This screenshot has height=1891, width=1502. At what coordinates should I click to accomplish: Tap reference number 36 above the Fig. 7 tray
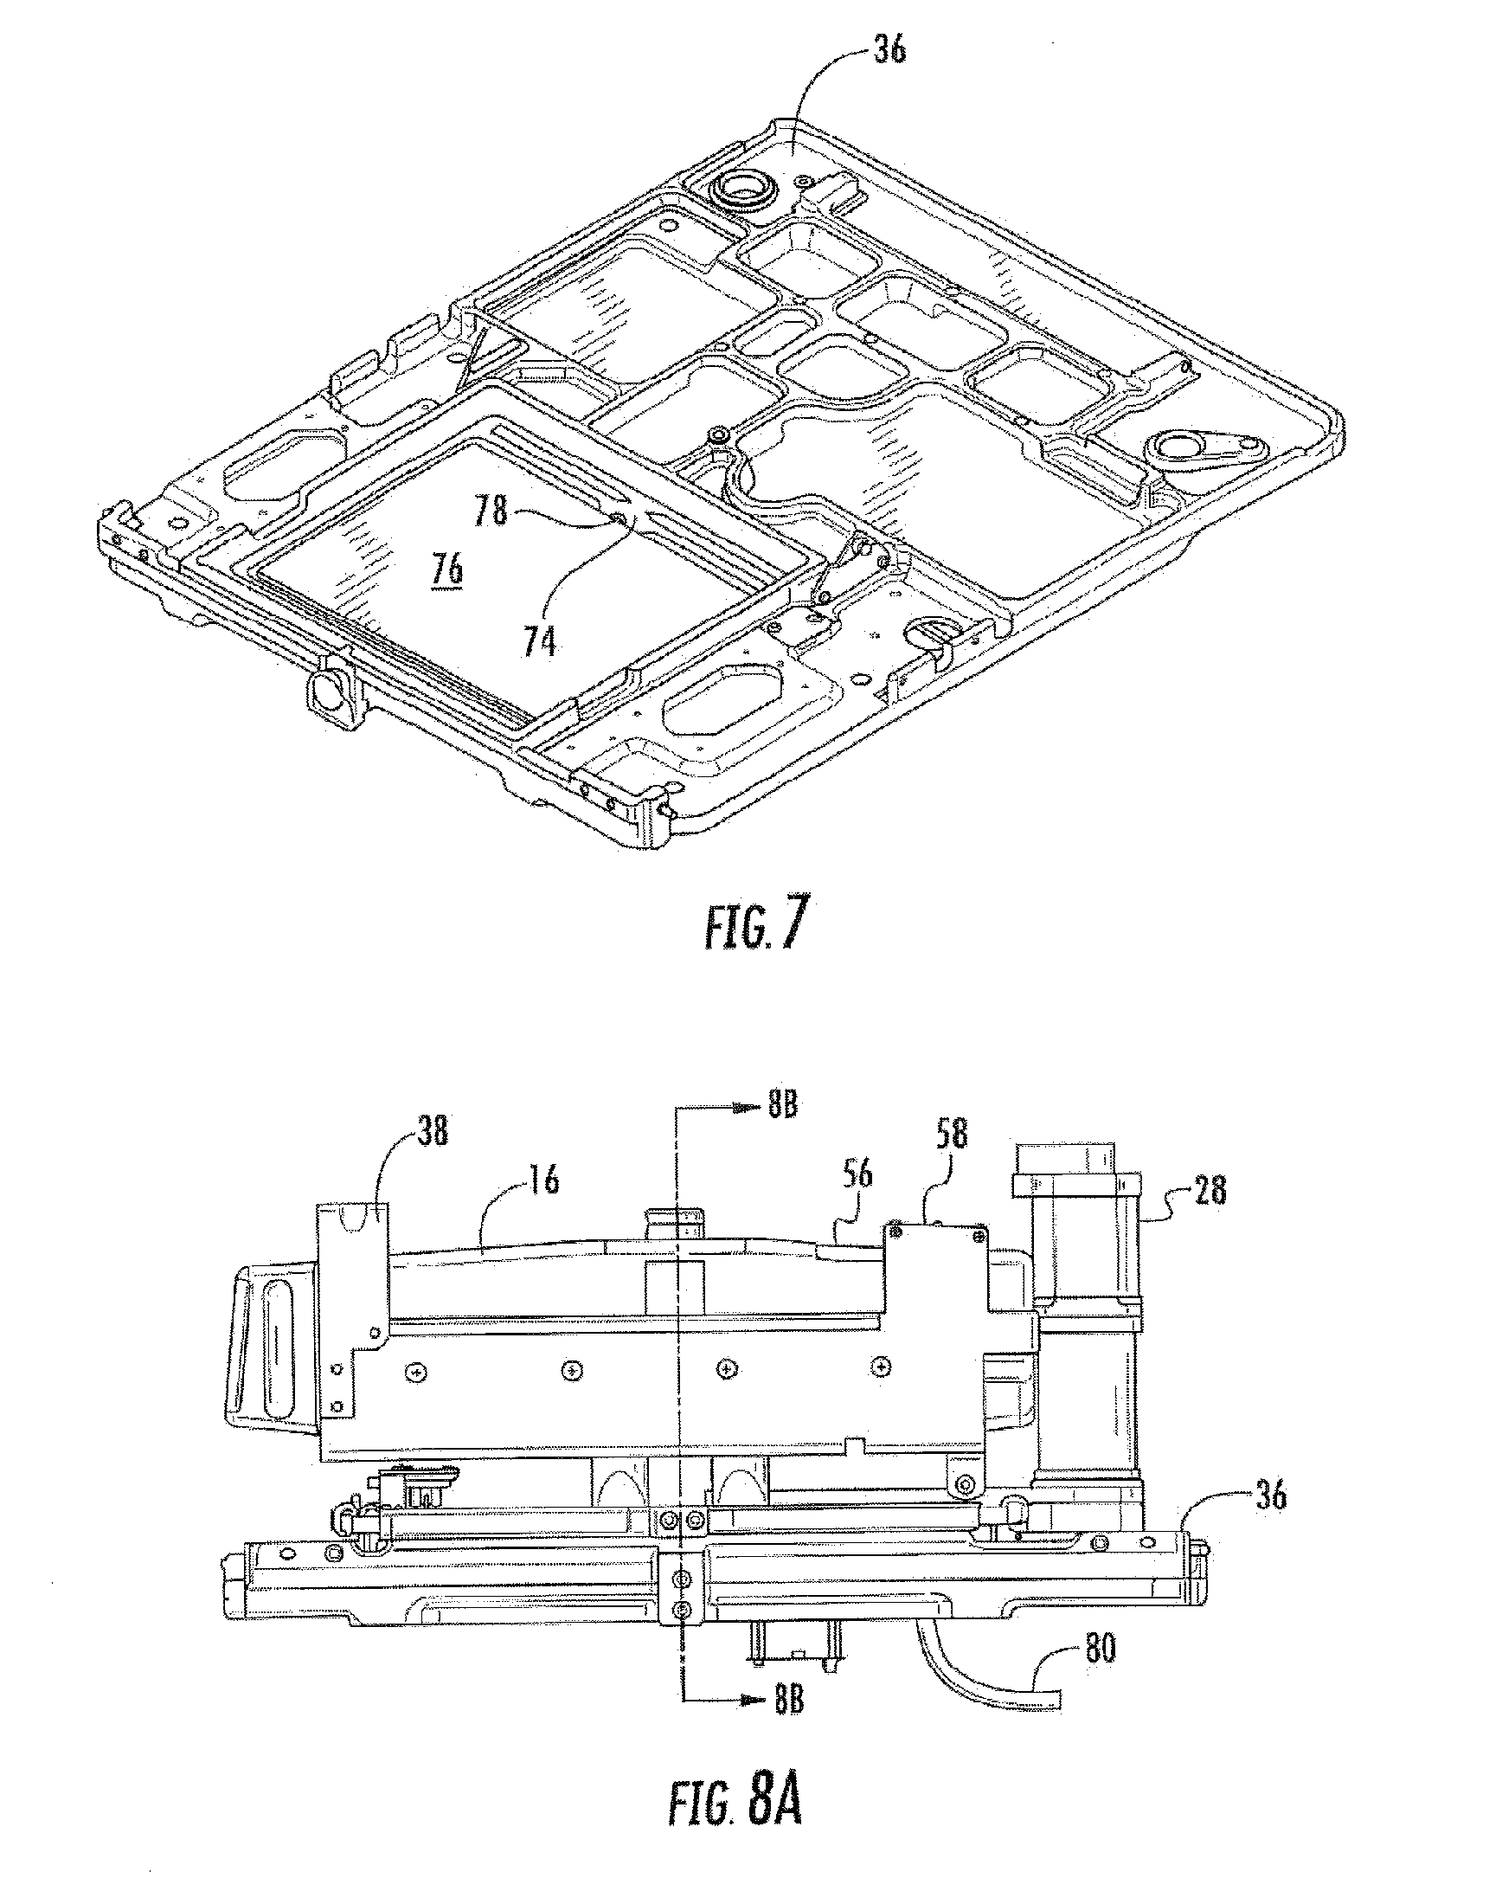click(889, 50)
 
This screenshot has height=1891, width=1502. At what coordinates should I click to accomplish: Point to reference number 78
click(491, 511)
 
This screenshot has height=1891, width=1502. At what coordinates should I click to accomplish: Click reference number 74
click(540, 643)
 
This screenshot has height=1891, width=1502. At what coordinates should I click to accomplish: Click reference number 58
click(952, 1134)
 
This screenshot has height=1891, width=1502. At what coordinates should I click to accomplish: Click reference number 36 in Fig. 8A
click(1268, 1494)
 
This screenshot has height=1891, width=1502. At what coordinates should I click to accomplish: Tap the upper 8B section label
click(782, 1106)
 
